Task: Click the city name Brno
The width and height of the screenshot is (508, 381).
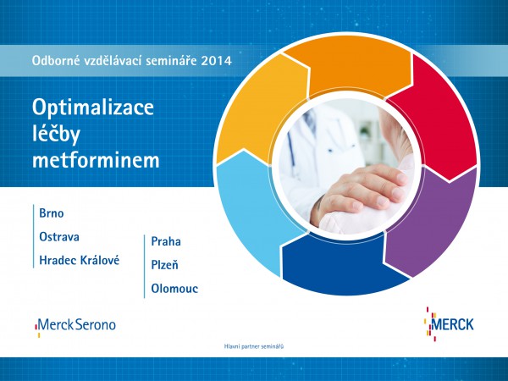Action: coord(51,213)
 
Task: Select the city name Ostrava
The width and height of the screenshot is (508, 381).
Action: coord(59,237)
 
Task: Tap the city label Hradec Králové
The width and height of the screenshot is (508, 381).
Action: coord(80,260)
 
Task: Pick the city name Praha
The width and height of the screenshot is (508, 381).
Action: coord(166,241)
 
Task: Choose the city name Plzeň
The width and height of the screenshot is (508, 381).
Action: coord(164,265)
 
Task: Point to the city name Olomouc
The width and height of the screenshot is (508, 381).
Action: coord(174,289)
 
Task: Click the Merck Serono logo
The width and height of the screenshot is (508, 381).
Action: coord(75,326)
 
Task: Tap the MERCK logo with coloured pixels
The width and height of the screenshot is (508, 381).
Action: coord(449,324)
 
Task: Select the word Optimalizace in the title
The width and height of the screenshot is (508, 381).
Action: coord(93,108)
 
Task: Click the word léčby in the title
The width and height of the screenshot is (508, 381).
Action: coord(56,133)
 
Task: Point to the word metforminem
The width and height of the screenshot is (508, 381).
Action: coord(96,160)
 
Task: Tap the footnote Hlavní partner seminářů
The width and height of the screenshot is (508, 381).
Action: coord(254,346)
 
